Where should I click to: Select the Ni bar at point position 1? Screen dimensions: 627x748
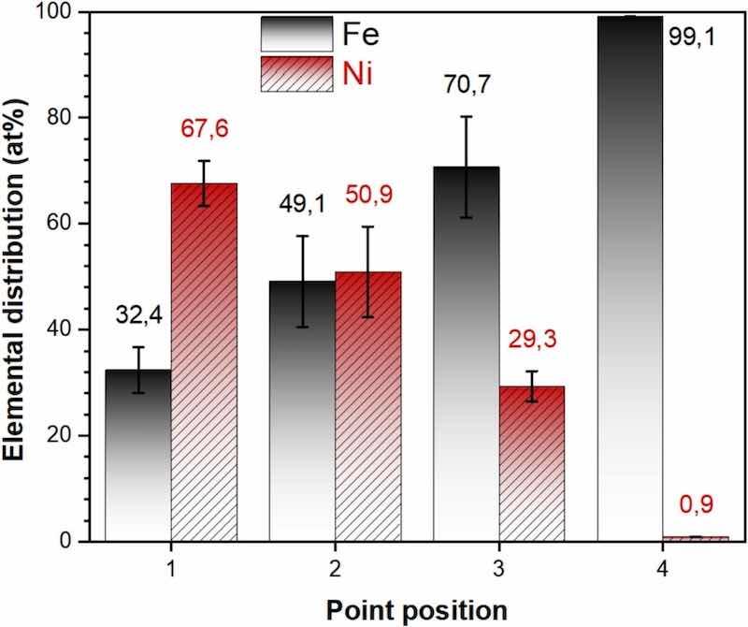click(x=204, y=365)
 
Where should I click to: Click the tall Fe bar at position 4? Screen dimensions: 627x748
click(x=629, y=281)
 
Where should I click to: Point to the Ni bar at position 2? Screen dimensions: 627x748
click(x=367, y=412)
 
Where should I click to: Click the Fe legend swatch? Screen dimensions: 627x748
click(x=296, y=34)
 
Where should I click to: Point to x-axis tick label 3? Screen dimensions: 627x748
click(x=498, y=568)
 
